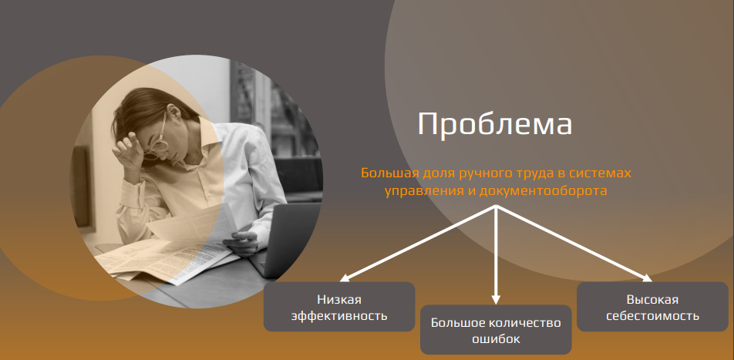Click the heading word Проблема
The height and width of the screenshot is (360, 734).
point(494,124)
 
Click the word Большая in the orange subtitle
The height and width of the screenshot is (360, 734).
point(390,173)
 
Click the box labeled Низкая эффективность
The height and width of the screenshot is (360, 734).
point(339,307)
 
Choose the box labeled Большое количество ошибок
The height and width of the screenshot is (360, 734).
point(496,330)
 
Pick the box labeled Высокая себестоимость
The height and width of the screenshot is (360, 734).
point(652,307)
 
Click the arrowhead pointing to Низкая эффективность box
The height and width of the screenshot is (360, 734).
point(345,278)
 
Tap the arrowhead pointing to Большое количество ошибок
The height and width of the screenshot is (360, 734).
point(497,300)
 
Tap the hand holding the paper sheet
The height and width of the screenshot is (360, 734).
point(241,241)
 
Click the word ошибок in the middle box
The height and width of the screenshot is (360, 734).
point(496,338)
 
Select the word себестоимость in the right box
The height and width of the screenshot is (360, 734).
point(652,315)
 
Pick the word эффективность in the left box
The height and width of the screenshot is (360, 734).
point(339,315)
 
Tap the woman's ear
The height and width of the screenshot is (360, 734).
point(173,113)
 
